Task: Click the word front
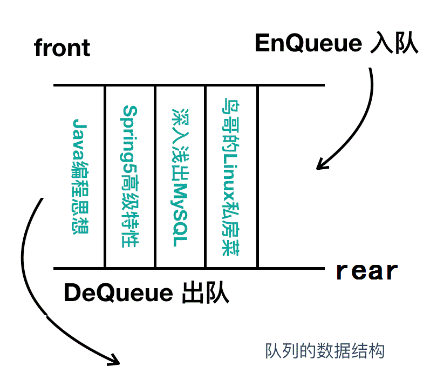pyautogui.click(x=62, y=48)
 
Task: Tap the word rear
pyautogui.click(x=367, y=270)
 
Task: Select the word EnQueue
pyautogui.click(x=308, y=44)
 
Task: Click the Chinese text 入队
pyautogui.click(x=394, y=44)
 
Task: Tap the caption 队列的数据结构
pyautogui.click(x=325, y=351)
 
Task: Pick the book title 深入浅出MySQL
pyautogui.click(x=180, y=176)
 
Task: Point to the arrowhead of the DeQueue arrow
pyautogui.click(x=113, y=357)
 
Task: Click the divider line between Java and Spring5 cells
pyautogui.click(x=105, y=176)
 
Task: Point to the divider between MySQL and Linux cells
pyautogui.click(x=206, y=176)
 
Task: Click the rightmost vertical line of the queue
pyautogui.click(x=258, y=176)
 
